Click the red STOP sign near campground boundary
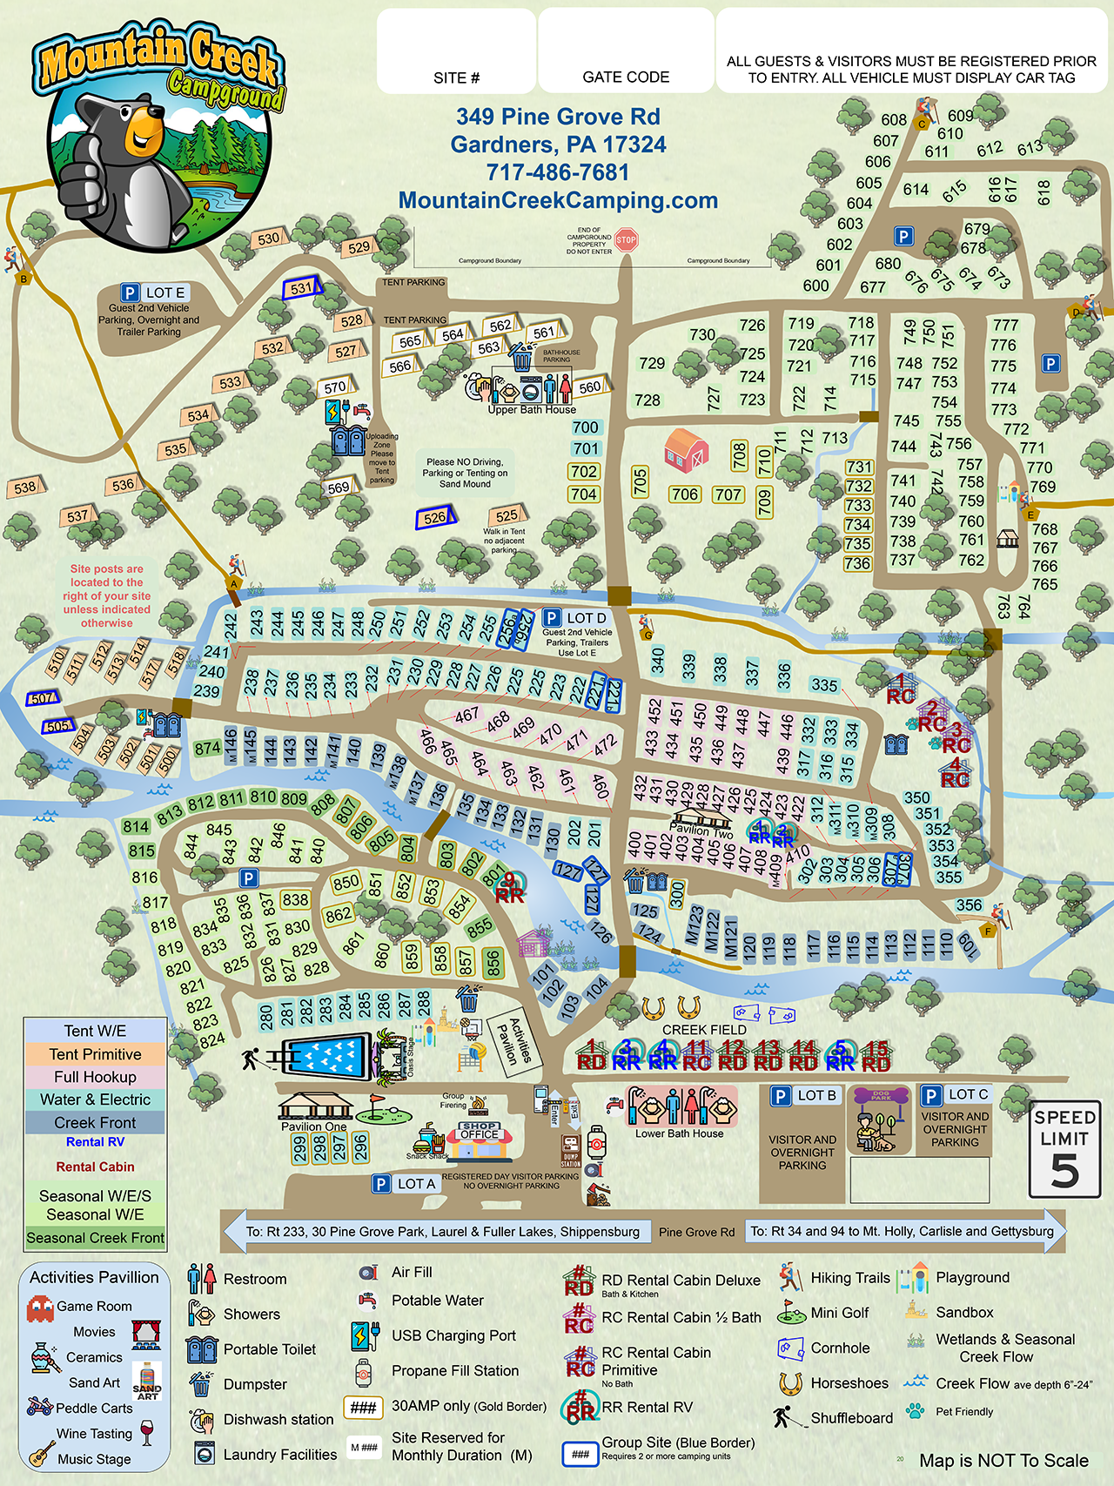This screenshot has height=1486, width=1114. (x=626, y=239)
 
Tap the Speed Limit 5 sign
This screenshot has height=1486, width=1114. (x=1064, y=1149)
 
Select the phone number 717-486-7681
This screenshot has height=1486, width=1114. (x=557, y=172)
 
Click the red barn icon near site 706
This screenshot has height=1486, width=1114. (x=686, y=450)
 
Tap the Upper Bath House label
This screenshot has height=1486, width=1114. (x=532, y=409)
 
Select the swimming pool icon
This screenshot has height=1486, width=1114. (x=325, y=1057)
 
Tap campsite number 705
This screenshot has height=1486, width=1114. (x=640, y=481)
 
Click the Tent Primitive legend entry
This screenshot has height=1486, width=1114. (x=95, y=1054)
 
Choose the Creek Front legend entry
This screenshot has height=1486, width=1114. (x=95, y=1123)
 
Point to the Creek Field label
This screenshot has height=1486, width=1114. (x=704, y=1030)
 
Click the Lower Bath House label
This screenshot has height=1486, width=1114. (x=679, y=1133)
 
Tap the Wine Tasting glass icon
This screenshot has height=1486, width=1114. (x=146, y=1432)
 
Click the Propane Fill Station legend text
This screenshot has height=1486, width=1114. (x=454, y=1371)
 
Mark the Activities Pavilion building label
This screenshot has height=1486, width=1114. (x=513, y=1042)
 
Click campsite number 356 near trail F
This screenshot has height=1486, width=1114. (x=969, y=905)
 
